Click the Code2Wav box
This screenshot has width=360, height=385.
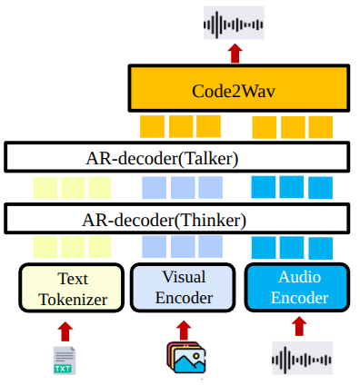(x=239, y=88)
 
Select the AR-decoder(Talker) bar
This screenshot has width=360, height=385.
(x=177, y=157)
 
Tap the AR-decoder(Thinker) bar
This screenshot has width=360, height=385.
(x=177, y=219)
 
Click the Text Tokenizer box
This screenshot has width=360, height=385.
(x=72, y=288)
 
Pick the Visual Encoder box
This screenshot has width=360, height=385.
(x=183, y=288)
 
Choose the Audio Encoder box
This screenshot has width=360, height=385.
(x=297, y=288)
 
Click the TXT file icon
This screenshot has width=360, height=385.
(x=65, y=360)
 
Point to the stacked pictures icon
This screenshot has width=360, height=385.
(x=186, y=358)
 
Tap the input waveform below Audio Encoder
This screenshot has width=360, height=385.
(x=302, y=359)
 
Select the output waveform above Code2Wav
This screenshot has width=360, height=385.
(x=234, y=23)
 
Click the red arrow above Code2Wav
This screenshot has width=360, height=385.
(x=235, y=54)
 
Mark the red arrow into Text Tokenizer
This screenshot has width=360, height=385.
(x=65, y=331)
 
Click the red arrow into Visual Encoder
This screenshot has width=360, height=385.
(x=184, y=331)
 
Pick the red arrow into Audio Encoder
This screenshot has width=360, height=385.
(x=299, y=326)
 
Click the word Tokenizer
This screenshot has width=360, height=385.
(x=73, y=300)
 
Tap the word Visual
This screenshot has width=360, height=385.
(x=184, y=277)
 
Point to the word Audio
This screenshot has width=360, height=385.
(x=300, y=277)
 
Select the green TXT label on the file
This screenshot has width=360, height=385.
(x=63, y=369)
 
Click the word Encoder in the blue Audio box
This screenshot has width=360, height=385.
(x=300, y=298)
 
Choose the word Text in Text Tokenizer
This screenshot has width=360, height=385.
(x=73, y=279)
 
